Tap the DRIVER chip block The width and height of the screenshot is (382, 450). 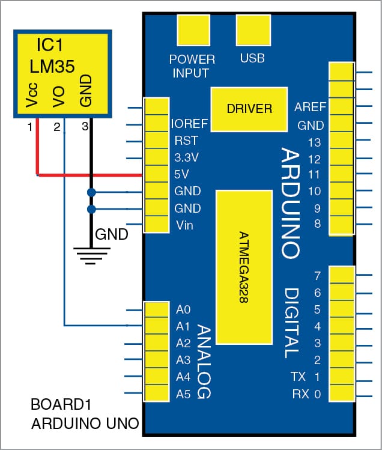[249, 109]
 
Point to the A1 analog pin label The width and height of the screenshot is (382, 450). [183, 327]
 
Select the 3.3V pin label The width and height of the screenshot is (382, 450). [186, 159]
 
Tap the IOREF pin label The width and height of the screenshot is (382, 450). [190, 124]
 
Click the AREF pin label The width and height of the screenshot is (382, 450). [310, 108]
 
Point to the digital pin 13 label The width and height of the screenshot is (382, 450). [314, 142]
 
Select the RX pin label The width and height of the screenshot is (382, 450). [300, 394]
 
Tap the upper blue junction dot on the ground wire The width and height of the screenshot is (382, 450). [91, 192]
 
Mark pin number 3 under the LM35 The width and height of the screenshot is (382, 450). [85, 127]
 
